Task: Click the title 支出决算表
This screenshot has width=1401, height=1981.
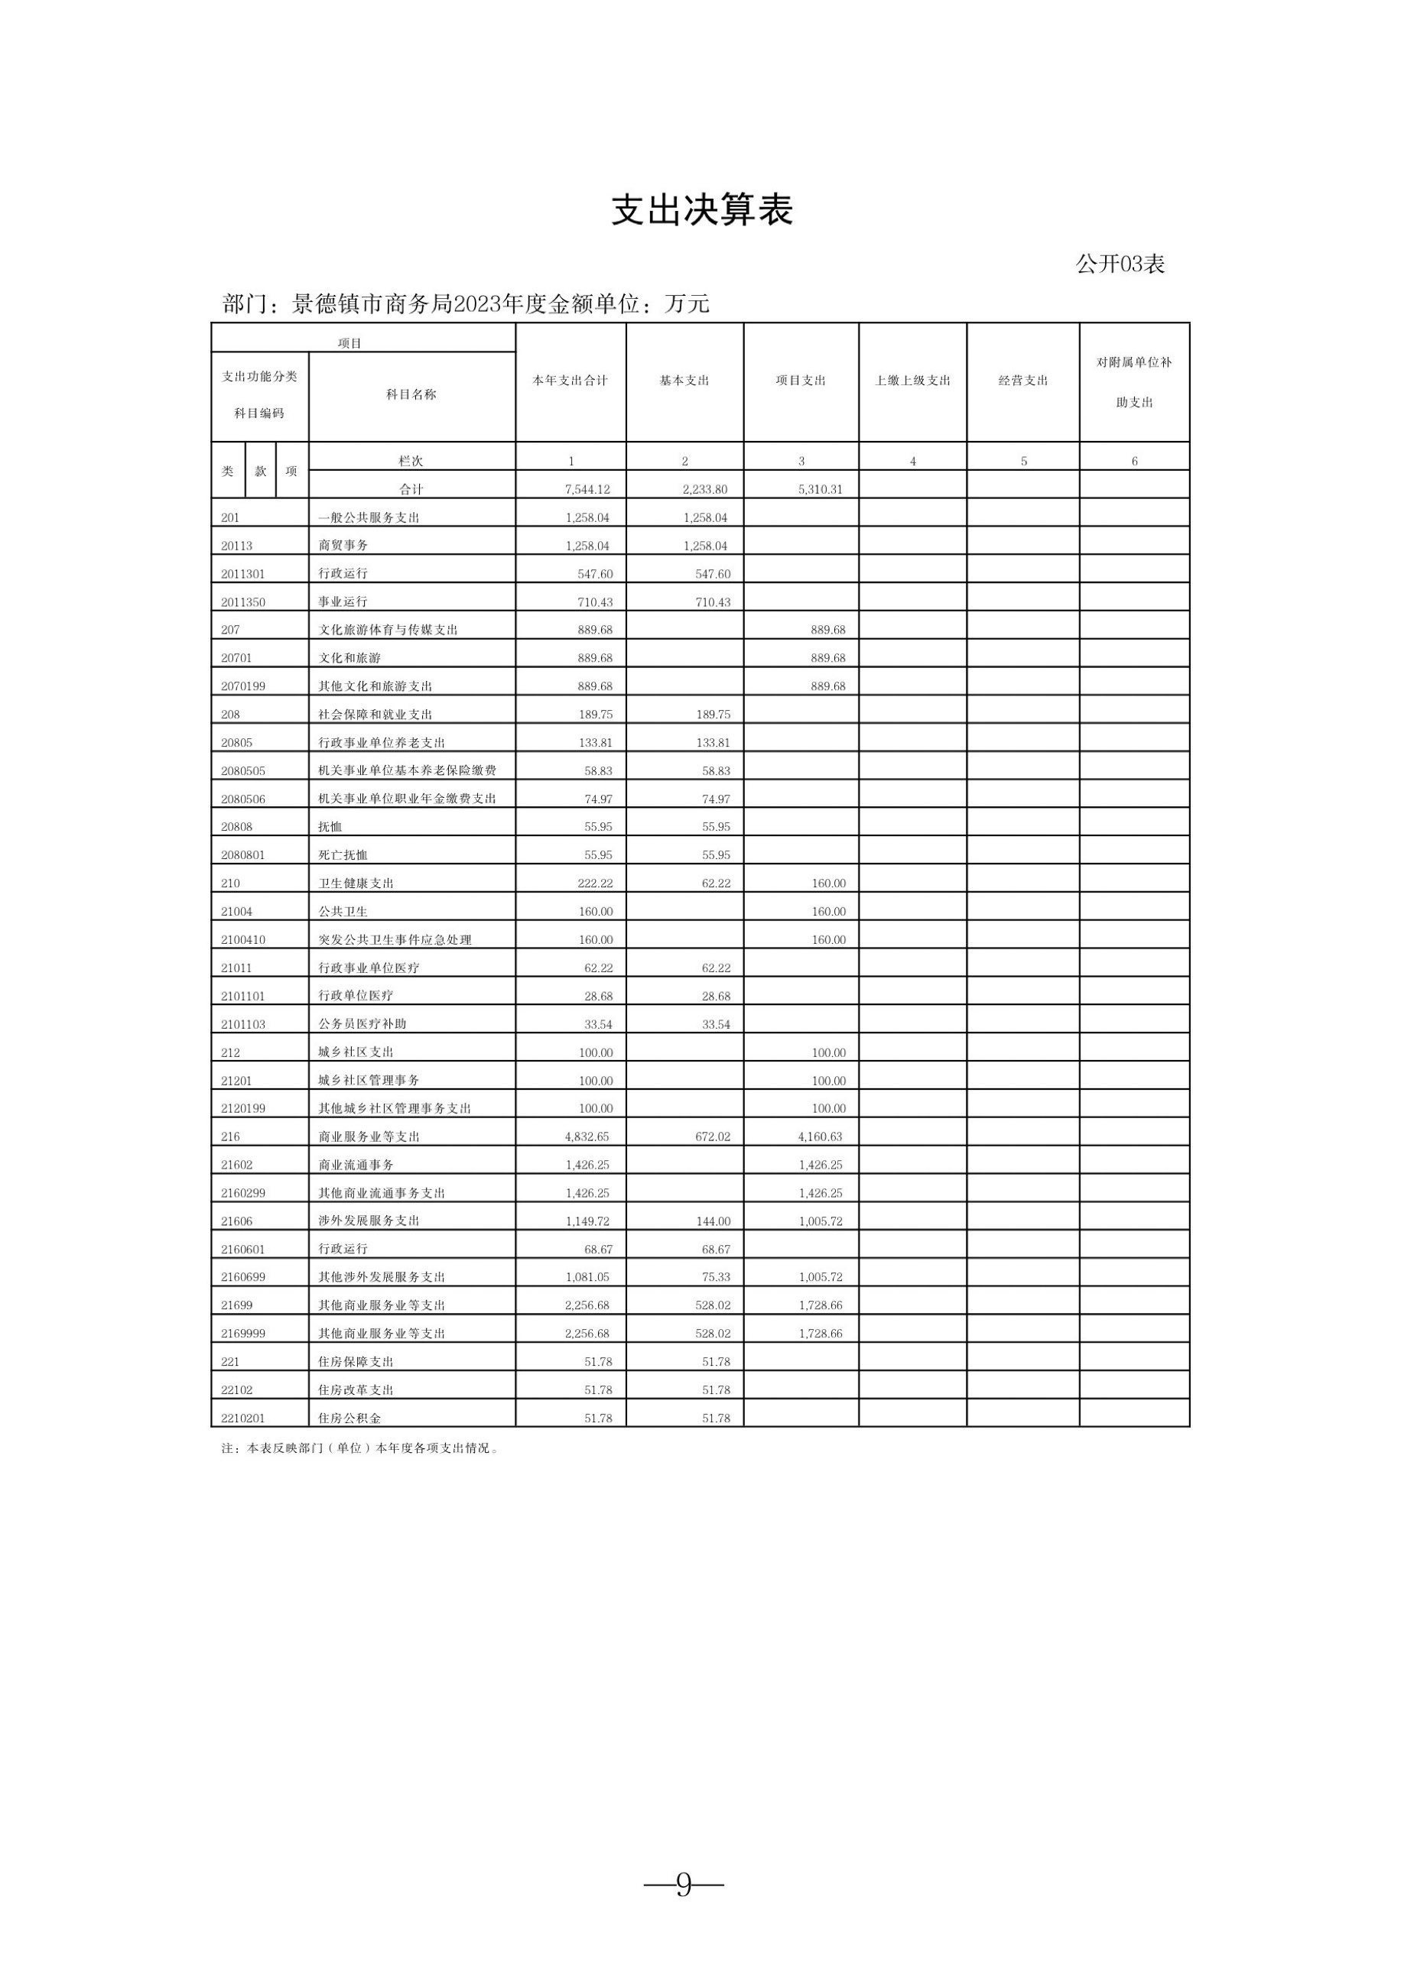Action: click(x=701, y=209)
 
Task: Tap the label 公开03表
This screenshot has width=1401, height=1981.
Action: click(x=1120, y=264)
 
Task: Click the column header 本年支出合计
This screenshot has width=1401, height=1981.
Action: click(x=570, y=381)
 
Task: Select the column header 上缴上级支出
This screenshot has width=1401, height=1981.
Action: click(x=912, y=381)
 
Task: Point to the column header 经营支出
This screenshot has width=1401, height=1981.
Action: click(x=1023, y=381)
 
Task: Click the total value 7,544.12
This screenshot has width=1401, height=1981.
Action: click(x=587, y=489)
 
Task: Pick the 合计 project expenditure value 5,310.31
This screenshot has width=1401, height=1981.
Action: click(x=820, y=489)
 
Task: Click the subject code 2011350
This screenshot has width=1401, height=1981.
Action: click(x=243, y=602)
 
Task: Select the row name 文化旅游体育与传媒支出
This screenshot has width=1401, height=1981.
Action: click(x=388, y=630)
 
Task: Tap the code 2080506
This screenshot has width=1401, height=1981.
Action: click(x=243, y=799)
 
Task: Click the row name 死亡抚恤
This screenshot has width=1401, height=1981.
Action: click(x=343, y=855)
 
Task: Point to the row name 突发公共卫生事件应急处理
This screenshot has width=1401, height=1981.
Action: click(x=395, y=939)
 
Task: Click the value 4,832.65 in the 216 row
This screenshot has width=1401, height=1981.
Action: click(x=587, y=1136)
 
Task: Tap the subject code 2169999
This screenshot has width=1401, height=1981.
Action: click(x=243, y=1333)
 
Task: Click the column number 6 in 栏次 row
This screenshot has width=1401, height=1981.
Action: click(x=1134, y=462)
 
